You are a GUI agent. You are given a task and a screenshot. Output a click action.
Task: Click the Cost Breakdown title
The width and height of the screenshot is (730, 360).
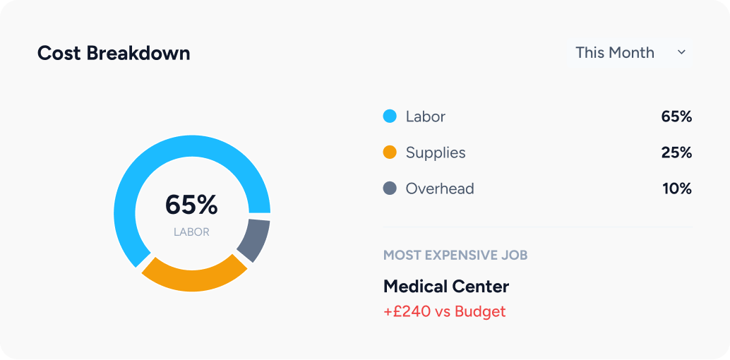pyautogui.click(x=114, y=53)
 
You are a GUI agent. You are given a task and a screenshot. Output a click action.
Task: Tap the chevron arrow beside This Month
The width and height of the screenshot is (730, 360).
pyautogui.click(x=681, y=52)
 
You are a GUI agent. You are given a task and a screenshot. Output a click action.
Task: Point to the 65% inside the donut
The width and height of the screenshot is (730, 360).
pyautogui.click(x=191, y=205)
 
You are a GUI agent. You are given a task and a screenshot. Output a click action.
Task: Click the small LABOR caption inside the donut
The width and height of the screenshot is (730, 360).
pyautogui.click(x=191, y=232)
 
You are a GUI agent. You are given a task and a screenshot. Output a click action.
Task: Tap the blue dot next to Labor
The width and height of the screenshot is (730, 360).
pyautogui.click(x=390, y=116)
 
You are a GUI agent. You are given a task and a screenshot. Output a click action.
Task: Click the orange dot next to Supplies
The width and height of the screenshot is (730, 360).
pyautogui.click(x=390, y=152)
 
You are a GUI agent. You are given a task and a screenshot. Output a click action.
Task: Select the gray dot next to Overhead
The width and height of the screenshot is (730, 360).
pyautogui.click(x=390, y=188)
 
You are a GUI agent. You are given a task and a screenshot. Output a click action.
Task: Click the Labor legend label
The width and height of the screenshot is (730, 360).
pyautogui.click(x=425, y=116)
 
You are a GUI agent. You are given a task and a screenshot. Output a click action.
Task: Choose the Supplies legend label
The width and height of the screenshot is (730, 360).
pyautogui.click(x=436, y=152)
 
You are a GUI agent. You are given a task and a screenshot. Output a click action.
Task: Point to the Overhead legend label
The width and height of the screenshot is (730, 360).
pyautogui.click(x=440, y=188)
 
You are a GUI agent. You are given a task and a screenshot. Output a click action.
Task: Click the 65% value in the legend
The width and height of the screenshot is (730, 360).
pyautogui.click(x=676, y=116)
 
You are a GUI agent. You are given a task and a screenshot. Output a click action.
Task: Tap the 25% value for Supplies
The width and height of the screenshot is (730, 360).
pyautogui.click(x=676, y=152)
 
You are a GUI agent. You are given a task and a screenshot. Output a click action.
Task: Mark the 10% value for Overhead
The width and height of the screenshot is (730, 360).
pyautogui.click(x=676, y=188)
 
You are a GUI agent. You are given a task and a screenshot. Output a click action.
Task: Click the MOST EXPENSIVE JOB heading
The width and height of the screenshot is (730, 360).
pyautogui.click(x=455, y=255)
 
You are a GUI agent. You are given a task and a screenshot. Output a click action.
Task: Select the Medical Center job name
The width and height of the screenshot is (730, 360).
pyautogui.click(x=446, y=286)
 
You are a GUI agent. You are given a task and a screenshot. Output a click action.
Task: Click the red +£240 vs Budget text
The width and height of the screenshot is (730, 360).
pyautogui.click(x=445, y=311)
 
